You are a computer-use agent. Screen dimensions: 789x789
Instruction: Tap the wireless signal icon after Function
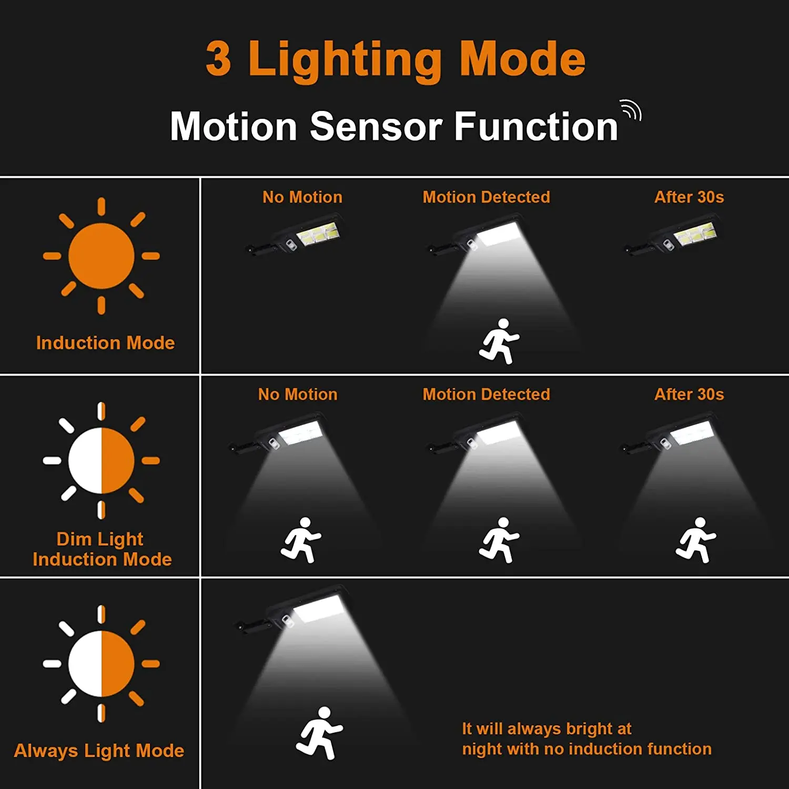(x=631, y=109)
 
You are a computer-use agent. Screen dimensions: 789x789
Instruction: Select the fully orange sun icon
(x=101, y=256)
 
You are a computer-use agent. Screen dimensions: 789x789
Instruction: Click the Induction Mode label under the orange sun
(x=105, y=343)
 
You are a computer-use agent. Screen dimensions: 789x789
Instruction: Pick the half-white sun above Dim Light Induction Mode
(x=101, y=461)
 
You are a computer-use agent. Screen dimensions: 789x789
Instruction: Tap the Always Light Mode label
(x=99, y=751)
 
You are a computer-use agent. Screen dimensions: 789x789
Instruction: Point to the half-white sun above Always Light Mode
(x=101, y=664)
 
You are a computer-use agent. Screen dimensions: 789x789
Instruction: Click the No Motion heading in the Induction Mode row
(x=302, y=197)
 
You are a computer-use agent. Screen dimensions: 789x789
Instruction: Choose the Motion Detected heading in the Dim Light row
(x=487, y=394)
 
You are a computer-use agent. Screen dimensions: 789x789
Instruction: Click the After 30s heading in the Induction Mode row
(x=689, y=197)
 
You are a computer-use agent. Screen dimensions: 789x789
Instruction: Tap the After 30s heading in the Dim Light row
(x=689, y=394)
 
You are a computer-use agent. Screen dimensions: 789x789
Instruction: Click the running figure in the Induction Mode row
(x=499, y=341)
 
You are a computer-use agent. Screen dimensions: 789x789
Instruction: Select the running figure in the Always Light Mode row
(x=319, y=733)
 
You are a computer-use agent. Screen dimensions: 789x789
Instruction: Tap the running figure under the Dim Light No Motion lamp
(x=301, y=540)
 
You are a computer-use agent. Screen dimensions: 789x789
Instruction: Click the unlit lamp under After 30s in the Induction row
(x=672, y=234)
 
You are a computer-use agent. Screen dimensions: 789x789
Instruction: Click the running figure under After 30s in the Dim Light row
(x=696, y=540)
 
